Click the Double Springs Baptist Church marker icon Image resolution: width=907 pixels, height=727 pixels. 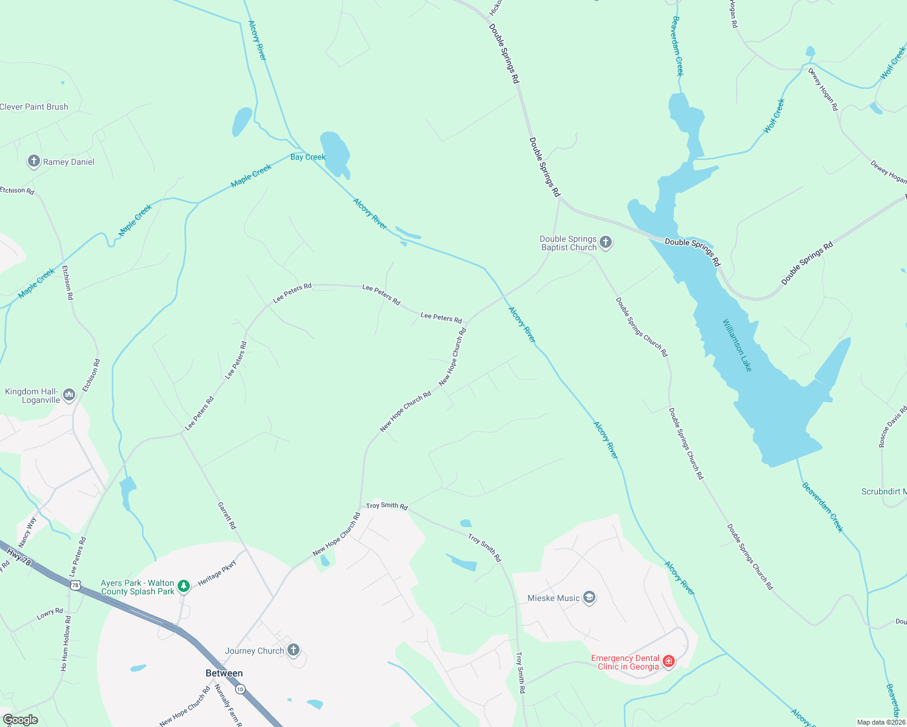[605, 243]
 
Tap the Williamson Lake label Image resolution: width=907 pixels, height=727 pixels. [737, 345]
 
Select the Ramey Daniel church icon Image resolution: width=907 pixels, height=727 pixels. [34, 162]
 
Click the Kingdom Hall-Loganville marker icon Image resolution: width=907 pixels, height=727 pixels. [69, 396]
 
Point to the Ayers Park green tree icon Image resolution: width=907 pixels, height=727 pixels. [184, 586]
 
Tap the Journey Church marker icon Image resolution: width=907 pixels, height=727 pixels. [293, 651]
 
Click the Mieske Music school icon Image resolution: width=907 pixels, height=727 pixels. [589, 598]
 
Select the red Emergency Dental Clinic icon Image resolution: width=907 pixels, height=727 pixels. [668, 662]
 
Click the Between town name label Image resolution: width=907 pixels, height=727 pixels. [224, 673]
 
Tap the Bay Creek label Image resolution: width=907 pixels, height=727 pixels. [308, 157]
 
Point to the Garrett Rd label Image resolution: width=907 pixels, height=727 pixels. [227, 516]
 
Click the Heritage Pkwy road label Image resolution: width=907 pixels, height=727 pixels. [217, 573]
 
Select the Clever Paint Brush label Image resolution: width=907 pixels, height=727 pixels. [34, 107]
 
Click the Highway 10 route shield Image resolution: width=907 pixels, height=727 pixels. [240, 689]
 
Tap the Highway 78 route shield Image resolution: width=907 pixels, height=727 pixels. [75, 585]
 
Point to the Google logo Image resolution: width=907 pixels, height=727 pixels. [21, 720]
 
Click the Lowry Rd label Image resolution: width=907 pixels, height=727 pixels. [50, 614]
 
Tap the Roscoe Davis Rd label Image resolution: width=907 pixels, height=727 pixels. [892, 427]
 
